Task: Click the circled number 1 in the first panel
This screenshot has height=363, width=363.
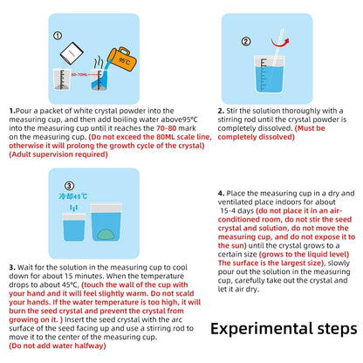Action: coord(58,38)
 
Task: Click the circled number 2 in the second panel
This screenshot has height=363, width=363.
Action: coord(246,41)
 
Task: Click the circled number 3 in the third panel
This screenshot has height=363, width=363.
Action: coord(57,185)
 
